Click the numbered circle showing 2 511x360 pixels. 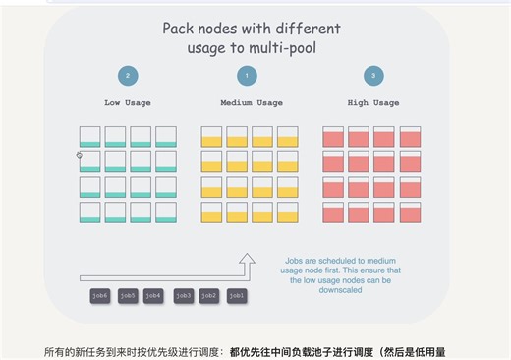tap(128, 76)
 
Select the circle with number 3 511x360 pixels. tap(372, 76)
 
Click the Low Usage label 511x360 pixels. tap(128, 102)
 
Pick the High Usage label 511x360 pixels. tap(372, 102)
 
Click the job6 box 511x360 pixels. tap(100, 295)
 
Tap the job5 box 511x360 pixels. tap(128, 295)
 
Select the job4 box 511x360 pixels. tap(152, 295)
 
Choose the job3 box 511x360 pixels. tap(184, 295)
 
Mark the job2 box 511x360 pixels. tap(209, 295)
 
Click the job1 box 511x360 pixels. tap(237, 295)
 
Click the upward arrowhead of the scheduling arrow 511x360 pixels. tap(248, 260)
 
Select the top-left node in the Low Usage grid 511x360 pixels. tap(90, 137)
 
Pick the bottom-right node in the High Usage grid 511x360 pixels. tap(410, 212)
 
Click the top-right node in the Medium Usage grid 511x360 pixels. tap(287, 137)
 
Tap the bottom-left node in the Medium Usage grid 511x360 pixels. tap(212, 212)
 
